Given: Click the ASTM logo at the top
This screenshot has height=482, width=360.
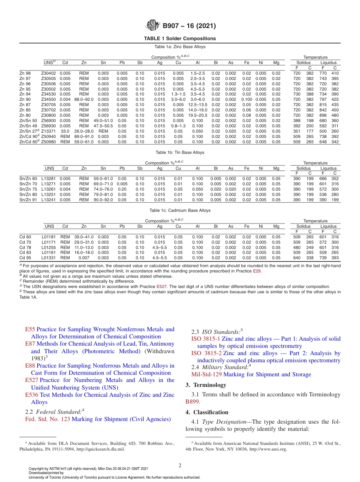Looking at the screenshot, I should (x=153, y=26).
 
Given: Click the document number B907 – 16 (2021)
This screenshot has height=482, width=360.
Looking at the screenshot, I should (x=189, y=26).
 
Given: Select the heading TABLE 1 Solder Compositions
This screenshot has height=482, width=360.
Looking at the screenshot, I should (x=180, y=38).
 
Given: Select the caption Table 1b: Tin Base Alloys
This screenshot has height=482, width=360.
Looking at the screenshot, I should (x=180, y=152).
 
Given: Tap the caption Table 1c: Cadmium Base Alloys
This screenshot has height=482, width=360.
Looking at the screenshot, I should (x=180, y=210).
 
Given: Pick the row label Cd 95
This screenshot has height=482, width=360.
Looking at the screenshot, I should (x=25, y=258).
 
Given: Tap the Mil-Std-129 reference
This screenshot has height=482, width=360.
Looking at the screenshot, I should (x=207, y=374).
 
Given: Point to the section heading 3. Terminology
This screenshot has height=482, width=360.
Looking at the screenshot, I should (x=205, y=385).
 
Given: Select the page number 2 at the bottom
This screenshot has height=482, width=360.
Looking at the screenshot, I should (x=180, y=466).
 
